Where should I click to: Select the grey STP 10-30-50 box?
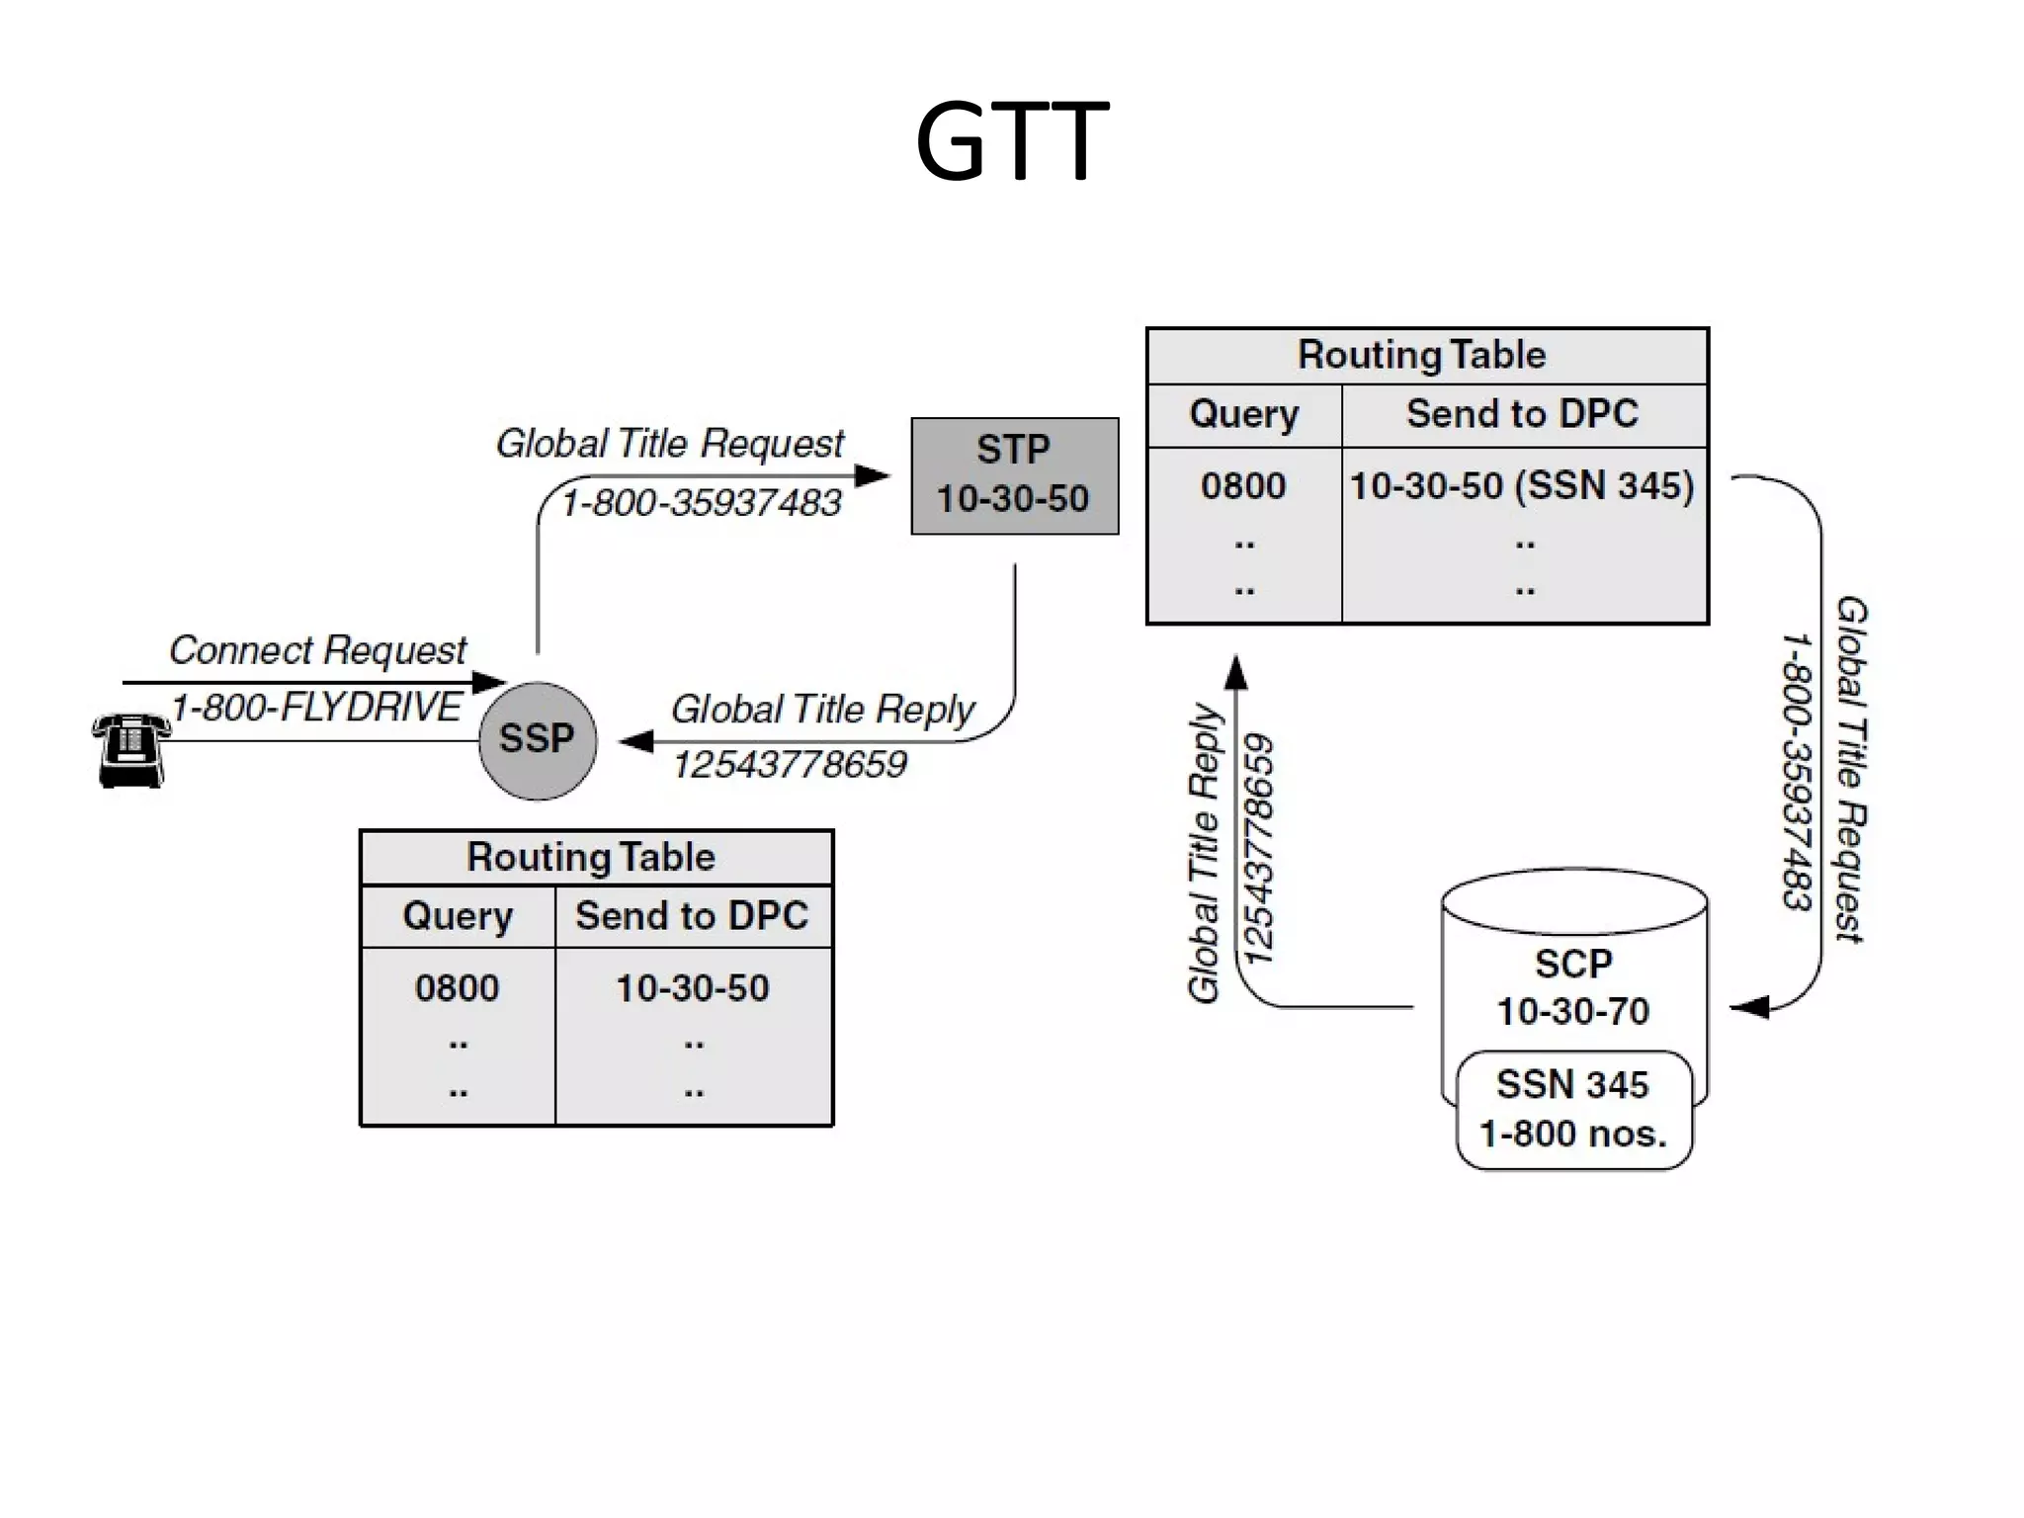1014,475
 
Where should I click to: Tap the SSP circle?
537,739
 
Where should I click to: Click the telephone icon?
130,750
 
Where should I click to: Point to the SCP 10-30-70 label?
1572,987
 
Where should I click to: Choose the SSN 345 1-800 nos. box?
1573,1109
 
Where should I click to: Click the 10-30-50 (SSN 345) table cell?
1522,486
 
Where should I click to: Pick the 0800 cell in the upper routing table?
1243,486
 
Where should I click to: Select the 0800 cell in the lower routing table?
457,987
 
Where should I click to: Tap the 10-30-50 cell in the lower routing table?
692,987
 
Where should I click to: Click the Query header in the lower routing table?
457,916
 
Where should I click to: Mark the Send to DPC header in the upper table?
1522,414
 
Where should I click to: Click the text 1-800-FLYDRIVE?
316,708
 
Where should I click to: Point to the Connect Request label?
316,650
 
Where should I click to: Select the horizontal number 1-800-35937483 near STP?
701,503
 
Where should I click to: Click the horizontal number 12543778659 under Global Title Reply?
789,765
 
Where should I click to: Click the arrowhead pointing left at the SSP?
636,741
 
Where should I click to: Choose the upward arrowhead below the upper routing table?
1236,672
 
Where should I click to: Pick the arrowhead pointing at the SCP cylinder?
1749,1007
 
